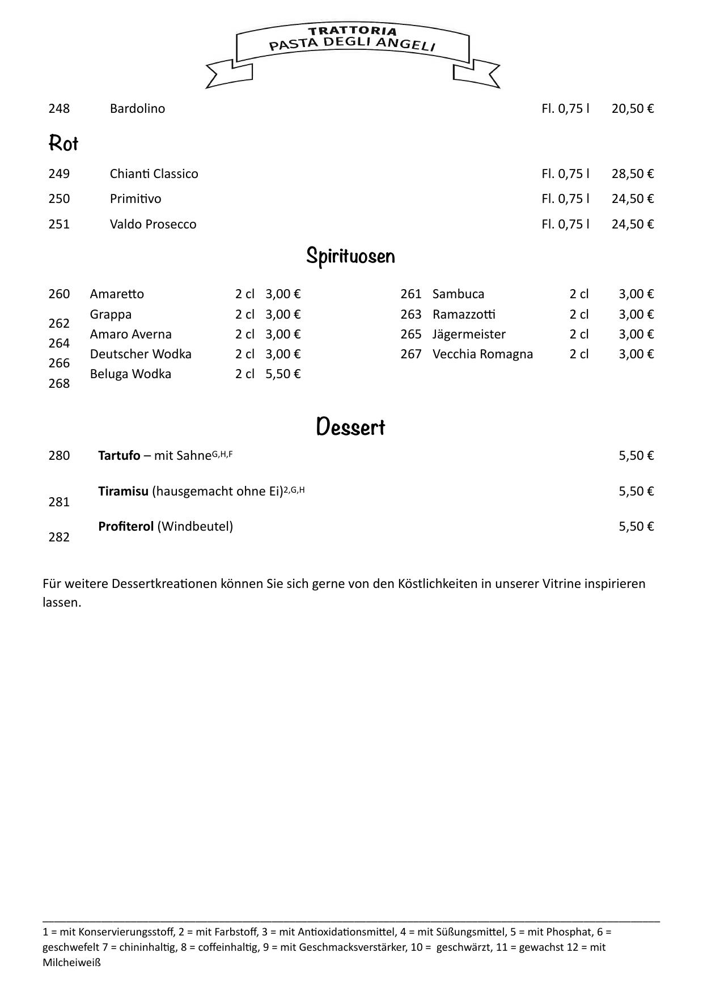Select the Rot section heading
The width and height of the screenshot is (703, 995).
pyautogui.click(x=63, y=143)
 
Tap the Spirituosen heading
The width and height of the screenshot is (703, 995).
pyautogui.click(x=350, y=256)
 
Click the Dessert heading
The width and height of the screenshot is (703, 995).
pyautogui.click(x=350, y=427)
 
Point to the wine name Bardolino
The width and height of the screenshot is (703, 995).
pyautogui.click(x=137, y=108)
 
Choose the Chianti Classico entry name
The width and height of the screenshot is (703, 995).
pyautogui.click(x=154, y=173)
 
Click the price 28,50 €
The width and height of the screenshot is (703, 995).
pyautogui.click(x=632, y=173)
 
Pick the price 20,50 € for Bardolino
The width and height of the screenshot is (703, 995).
pyautogui.click(x=632, y=108)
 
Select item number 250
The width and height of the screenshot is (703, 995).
pyautogui.click(x=59, y=198)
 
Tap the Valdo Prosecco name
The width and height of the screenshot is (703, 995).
pyautogui.click(x=153, y=224)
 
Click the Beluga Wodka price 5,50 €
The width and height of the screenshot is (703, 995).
pyautogui.click(x=283, y=374)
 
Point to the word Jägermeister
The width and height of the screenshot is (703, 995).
pyautogui.click(x=469, y=334)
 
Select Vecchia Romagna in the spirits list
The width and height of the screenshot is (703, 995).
pyautogui.click(x=482, y=354)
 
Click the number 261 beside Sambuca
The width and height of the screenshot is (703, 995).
pyautogui.click(x=411, y=294)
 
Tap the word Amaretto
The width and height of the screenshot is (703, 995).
pyautogui.click(x=117, y=294)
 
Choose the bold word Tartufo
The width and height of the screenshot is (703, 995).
pyautogui.click(x=119, y=456)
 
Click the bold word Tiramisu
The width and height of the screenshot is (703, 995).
pyautogui.click(x=123, y=491)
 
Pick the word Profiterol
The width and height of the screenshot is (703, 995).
pyautogui.click(x=126, y=526)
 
